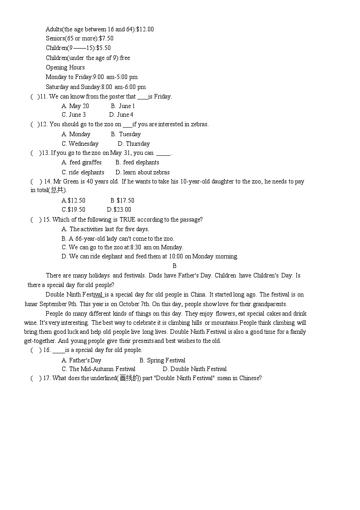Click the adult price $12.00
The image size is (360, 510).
[145, 30]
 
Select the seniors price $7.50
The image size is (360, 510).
[106, 39]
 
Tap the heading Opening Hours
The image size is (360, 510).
[65, 67]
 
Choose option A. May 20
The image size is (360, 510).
[75, 106]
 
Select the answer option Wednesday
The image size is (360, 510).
[80, 144]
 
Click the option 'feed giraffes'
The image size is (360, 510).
[82, 163]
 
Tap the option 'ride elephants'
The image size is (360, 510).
[83, 172]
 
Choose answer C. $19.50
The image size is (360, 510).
[74, 209]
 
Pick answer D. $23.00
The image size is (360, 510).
[119, 209]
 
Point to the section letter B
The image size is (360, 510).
[175, 266]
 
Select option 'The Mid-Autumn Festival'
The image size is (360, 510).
[99, 369]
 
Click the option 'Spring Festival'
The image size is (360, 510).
[162, 360]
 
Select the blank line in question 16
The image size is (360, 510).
[59, 350]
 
